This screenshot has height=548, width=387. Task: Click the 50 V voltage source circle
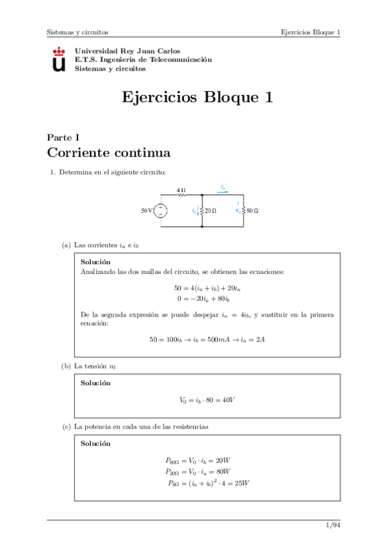[x=160, y=211]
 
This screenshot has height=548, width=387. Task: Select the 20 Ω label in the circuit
[x=211, y=211]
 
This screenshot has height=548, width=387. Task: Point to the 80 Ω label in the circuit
[x=252, y=211]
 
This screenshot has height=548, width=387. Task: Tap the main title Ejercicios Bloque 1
[x=197, y=98]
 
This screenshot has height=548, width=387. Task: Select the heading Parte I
[x=63, y=137]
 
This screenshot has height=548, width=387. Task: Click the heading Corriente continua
[x=109, y=153]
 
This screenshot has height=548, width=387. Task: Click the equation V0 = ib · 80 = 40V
[x=207, y=400]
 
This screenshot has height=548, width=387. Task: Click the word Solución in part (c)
[x=96, y=444]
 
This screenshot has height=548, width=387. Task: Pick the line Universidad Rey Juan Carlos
[x=128, y=50]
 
